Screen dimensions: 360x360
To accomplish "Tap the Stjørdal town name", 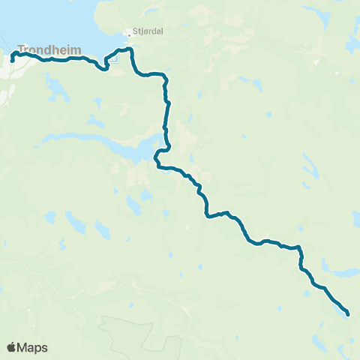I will [147, 31].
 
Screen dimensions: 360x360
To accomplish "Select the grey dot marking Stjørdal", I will [127, 34].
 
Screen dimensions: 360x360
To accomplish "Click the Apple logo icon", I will [11, 347].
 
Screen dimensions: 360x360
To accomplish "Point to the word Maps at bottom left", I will [34, 348].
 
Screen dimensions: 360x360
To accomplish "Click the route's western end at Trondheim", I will [13, 59].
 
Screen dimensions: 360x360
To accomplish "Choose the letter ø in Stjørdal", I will [143, 31].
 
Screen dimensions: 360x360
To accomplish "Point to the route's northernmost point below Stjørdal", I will [128, 49].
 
